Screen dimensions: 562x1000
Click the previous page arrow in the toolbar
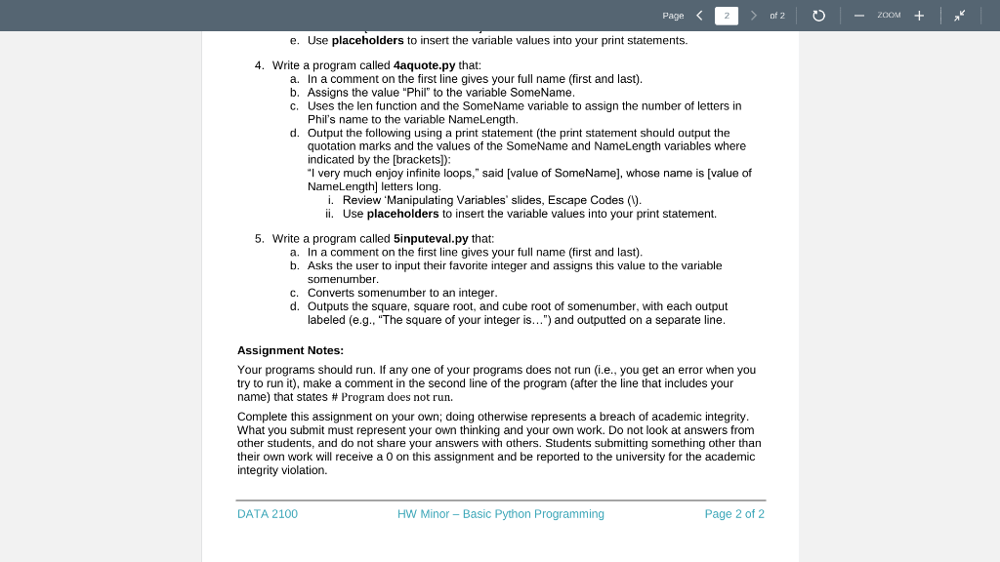click(699, 16)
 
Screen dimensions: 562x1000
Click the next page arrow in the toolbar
click(754, 16)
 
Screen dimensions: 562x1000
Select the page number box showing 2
click(727, 16)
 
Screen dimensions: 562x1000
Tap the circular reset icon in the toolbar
click(819, 16)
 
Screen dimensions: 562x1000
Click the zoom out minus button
click(858, 16)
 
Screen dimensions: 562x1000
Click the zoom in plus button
click(919, 16)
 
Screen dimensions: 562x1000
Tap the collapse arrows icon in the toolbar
click(961, 16)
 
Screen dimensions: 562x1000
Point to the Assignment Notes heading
click(290, 350)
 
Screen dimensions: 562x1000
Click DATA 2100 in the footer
click(268, 514)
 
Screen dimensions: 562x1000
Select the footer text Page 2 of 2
click(734, 514)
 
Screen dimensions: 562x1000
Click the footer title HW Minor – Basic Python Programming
click(501, 514)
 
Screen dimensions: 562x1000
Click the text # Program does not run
click(392, 397)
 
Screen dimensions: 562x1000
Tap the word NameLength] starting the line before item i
click(340, 186)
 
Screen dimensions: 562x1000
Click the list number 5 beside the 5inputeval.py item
click(259, 238)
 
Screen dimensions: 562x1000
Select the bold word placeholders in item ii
click(403, 214)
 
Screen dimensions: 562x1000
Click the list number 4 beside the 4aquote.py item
click(259, 65)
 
